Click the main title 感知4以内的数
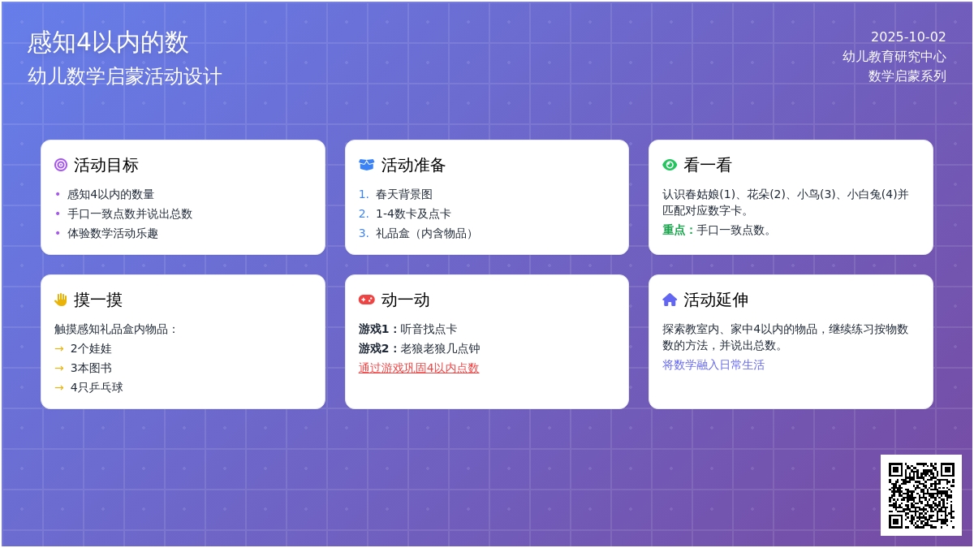pos(108,42)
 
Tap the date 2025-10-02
pos(908,37)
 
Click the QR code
pos(921,495)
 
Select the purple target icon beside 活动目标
pos(61,165)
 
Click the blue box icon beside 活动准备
pos(367,165)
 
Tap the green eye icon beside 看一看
pos(670,165)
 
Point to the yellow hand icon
pos(61,300)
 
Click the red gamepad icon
pos(367,300)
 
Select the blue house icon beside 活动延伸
pos(670,300)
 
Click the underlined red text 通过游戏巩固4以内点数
pos(419,368)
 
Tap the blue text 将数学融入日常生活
pos(713,365)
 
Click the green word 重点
pos(674,230)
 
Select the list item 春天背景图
pos(404,194)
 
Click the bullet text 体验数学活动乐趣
pos(113,234)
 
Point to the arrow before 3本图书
pos(59,369)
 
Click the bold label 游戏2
pos(373,348)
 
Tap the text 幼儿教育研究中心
pos(894,57)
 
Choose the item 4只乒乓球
pos(97,387)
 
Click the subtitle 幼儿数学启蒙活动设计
pos(125,76)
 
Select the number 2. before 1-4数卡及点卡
pos(364,214)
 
